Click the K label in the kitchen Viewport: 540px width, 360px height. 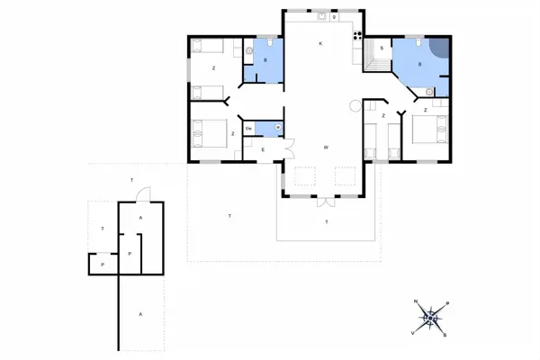[x=319, y=44]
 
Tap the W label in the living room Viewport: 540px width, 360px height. [x=325, y=147]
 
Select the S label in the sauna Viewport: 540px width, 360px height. [x=382, y=48]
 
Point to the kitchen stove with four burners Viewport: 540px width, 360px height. [x=357, y=37]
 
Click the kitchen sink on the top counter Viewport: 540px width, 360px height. [x=321, y=15]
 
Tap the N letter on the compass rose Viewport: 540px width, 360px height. [x=415, y=301]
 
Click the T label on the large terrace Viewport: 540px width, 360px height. [x=229, y=217]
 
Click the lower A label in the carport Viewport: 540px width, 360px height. [x=140, y=313]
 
